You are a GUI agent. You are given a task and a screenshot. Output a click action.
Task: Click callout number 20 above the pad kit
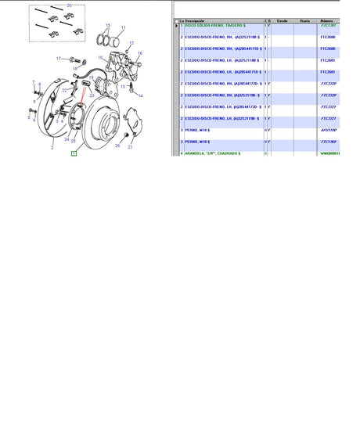pos(69,5)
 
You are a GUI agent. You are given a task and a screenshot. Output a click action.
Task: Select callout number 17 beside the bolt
pos(58,59)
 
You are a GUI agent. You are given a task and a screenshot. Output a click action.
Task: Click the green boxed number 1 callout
pos(73,154)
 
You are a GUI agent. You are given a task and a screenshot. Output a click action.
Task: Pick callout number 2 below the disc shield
pos(52,146)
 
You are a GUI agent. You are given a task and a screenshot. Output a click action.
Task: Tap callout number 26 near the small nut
pos(117,146)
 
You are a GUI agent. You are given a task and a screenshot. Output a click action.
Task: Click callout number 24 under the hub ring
pos(67,139)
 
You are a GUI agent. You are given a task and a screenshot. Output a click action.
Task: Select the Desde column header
pos(283,20)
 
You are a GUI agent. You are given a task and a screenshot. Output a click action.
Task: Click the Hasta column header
pos(304,20)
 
